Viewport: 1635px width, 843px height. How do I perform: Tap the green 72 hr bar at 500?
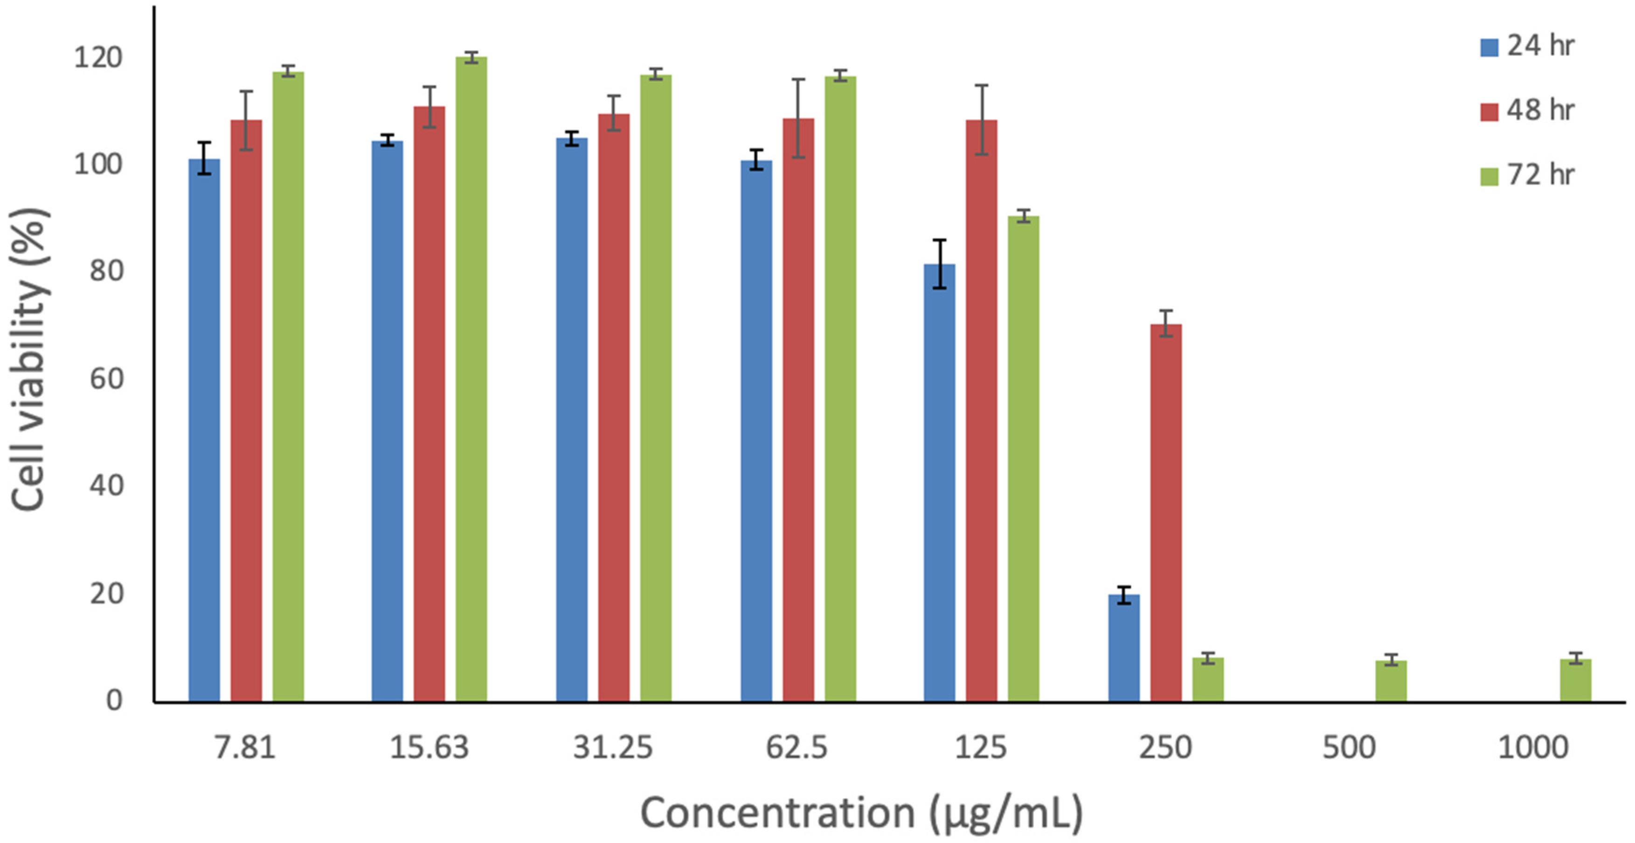pos(1391,681)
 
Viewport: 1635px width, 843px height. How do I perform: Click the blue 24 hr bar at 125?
pos(939,483)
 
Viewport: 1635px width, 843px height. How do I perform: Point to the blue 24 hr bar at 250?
pos(1124,648)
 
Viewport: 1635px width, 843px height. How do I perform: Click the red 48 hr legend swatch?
pos(1489,112)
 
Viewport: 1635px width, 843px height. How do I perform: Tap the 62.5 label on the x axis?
pos(797,747)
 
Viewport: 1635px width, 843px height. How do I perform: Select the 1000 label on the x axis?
pos(1533,747)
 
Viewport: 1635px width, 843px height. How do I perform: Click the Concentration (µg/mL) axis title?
pos(861,813)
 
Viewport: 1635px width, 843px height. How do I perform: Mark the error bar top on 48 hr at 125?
pos(981,85)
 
